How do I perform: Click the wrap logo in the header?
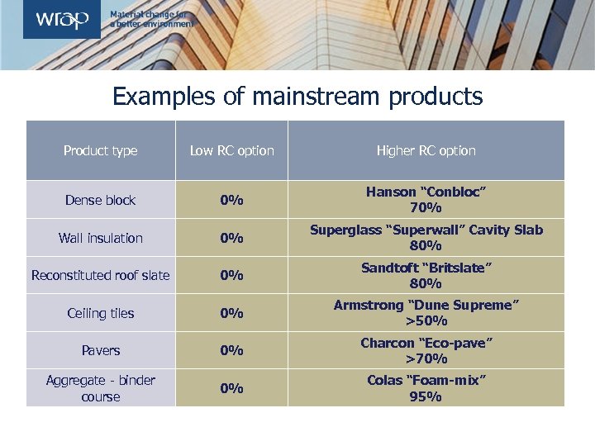(x=61, y=20)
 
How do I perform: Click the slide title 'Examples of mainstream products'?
(x=297, y=97)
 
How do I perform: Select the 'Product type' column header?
(x=101, y=150)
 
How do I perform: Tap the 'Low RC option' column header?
(x=231, y=150)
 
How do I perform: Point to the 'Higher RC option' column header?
(x=426, y=150)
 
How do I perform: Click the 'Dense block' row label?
(x=101, y=200)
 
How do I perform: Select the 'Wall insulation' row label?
(x=101, y=238)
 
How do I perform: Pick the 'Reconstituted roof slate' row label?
(x=101, y=275)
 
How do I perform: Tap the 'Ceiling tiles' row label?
(x=101, y=313)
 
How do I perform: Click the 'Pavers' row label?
(x=101, y=350)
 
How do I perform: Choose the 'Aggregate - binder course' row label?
(x=101, y=388)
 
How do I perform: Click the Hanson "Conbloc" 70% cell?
(x=426, y=199)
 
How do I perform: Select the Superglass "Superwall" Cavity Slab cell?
(x=426, y=237)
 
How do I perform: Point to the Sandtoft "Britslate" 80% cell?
(x=426, y=275)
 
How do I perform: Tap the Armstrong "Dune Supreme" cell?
(x=426, y=313)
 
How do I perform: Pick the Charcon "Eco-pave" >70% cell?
(x=426, y=350)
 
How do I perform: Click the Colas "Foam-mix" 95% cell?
(x=426, y=388)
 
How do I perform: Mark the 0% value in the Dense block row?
(x=231, y=200)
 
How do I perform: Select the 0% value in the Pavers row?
(x=231, y=350)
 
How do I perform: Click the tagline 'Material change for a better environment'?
(x=152, y=20)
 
